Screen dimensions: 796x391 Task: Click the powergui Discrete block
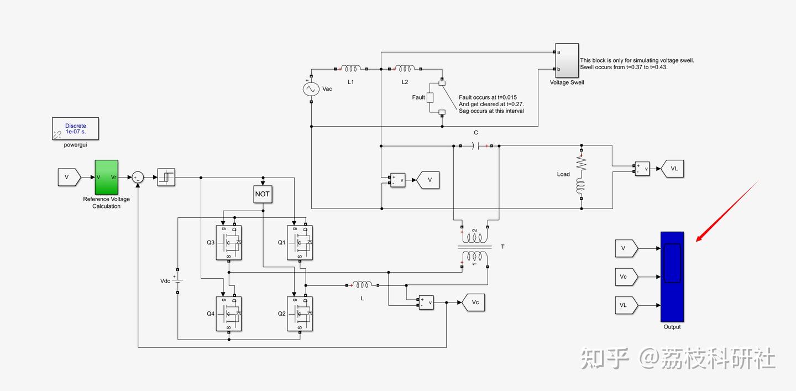[x=75, y=129]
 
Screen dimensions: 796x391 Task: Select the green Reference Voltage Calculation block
[x=106, y=177]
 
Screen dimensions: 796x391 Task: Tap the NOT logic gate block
[x=263, y=194]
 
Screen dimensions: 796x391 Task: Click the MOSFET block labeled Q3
[x=229, y=243]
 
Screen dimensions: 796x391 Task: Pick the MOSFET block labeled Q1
[x=300, y=243]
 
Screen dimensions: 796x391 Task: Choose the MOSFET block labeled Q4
[x=229, y=314]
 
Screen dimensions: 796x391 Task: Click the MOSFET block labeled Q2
[x=300, y=314]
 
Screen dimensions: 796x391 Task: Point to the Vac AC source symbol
[x=311, y=89]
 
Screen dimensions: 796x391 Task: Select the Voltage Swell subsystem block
[x=567, y=60]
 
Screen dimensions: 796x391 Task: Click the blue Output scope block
[x=672, y=277]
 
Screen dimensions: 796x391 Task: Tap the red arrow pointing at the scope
[x=727, y=211]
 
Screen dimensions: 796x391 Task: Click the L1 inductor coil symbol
[x=350, y=69]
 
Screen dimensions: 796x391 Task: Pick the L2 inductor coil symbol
[x=405, y=69]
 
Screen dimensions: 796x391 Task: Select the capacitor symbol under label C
[x=476, y=146]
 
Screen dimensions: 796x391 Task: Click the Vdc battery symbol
[x=177, y=281]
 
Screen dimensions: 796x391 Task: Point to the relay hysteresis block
[x=166, y=177]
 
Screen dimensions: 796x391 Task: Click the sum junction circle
[x=138, y=177]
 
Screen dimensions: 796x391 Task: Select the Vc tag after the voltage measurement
[x=473, y=303]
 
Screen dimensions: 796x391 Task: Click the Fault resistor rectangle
[x=430, y=97]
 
